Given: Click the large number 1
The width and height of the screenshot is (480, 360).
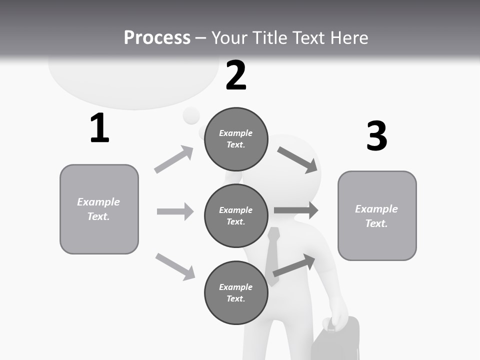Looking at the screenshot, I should pyautogui.click(x=99, y=128).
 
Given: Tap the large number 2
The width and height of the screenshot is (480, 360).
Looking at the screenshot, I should pyautogui.click(x=236, y=75).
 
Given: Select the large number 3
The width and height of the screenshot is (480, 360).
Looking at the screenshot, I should pyautogui.click(x=376, y=136).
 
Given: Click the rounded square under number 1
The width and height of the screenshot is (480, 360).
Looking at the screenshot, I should pyautogui.click(x=99, y=209).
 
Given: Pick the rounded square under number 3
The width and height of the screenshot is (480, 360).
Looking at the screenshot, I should pyautogui.click(x=377, y=215).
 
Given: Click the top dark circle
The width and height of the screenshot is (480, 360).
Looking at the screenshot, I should pyautogui.click(x=236, y=139).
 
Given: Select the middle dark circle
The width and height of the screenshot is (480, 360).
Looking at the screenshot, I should pyautogui.click(x=236, y=215).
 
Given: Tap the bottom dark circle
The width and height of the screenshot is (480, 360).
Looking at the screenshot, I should pyautogui.click(x=236, y=292).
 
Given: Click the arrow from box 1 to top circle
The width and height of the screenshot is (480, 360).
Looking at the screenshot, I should pyautogui.click(x=174, y=159).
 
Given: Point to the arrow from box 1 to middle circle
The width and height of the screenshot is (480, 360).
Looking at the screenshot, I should pyautogui.click(x=175, y=211).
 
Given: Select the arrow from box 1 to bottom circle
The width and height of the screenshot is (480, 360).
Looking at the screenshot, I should pyautogui.click(x=175, y=266).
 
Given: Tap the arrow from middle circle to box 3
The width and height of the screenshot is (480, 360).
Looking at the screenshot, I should pyautogui.click(x=296, y=210).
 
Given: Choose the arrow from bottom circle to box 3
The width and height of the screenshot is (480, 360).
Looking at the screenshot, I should pyautogui.click(x=294, y=265).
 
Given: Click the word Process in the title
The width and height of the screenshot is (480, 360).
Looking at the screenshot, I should pyautogui.click(x=157, y=37).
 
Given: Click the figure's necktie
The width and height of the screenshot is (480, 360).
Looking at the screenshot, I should pyautogui.click(x=272, y=255).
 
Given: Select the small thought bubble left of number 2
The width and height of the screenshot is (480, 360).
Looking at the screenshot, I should pyautogui.click(x=191, y=115).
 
